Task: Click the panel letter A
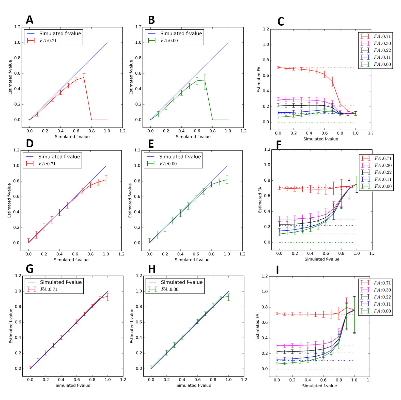[29, 20]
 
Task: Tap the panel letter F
[279, 145]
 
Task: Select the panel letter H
[152, 269]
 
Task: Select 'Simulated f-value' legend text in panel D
[59, 157]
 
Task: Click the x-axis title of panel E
[192, 260]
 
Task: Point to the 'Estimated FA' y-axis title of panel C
[259, 79]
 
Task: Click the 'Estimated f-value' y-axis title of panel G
[11, 326]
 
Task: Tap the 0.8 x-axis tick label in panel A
[91, 131]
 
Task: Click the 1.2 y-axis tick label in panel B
[138, 27]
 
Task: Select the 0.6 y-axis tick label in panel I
[265, 323]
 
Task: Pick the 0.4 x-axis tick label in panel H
[182, 380]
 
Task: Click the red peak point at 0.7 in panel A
[84, 78]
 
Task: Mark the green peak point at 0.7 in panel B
[205, 80]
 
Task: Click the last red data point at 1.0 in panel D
[106, 180]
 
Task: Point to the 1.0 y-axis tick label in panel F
[267, 165]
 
